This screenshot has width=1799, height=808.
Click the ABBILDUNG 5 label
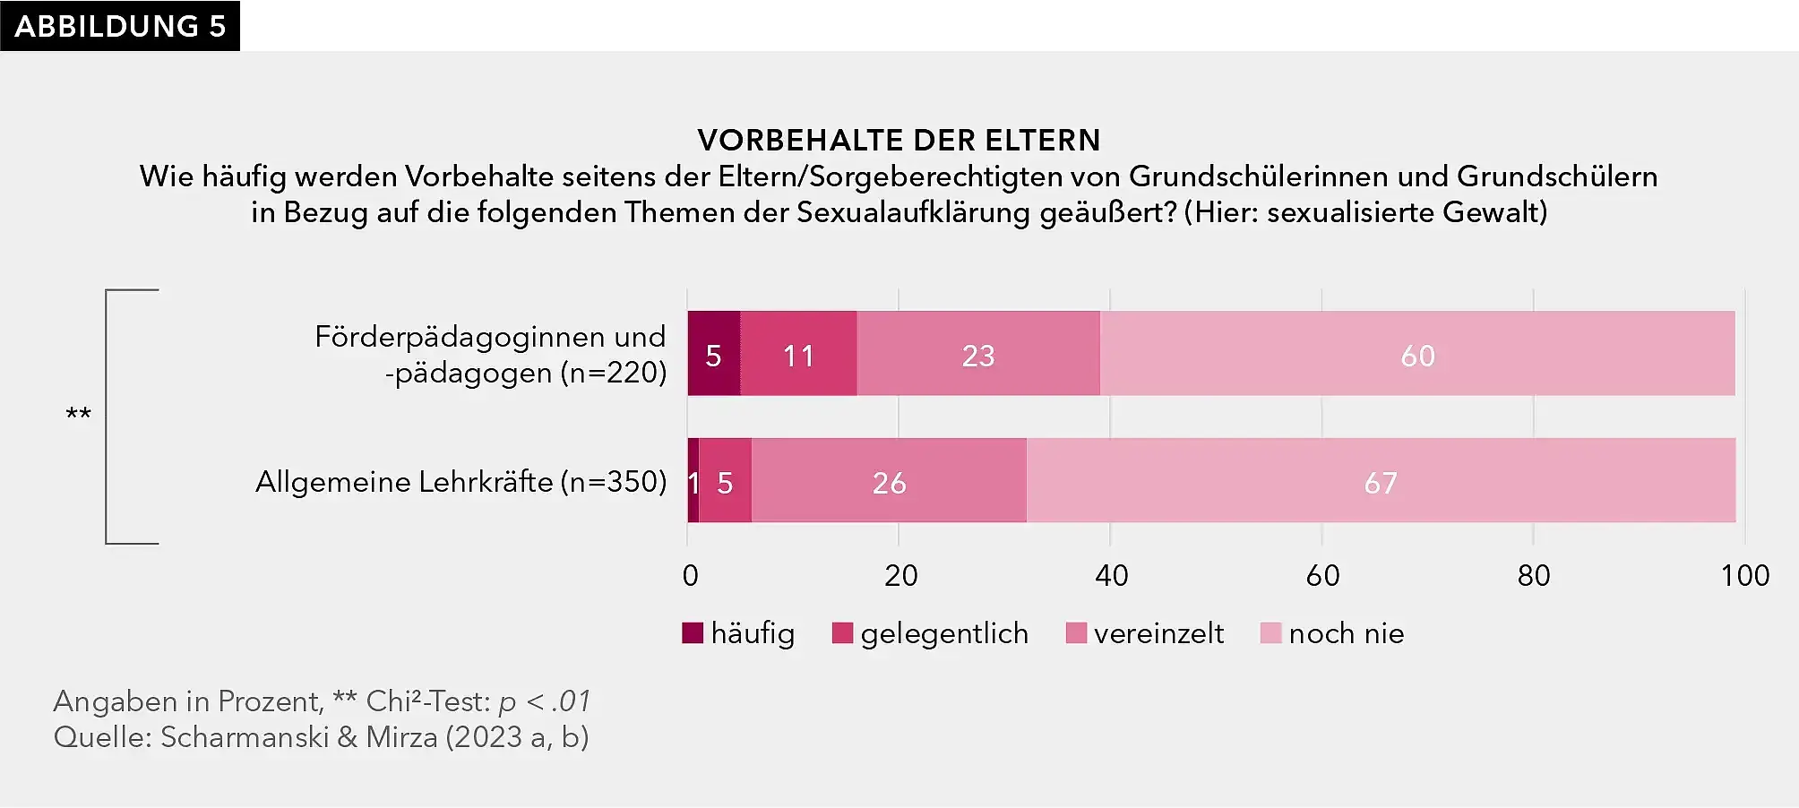click(120, 26)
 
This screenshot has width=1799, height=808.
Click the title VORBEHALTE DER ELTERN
click(899, 141)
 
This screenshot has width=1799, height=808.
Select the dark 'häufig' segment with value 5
click(714, 354)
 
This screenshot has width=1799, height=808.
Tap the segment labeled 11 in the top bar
click(798, 354)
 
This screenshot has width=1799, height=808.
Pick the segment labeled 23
click(978, 354)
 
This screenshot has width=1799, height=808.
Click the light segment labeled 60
click(1417, 354)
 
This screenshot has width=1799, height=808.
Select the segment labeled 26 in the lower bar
click(889, 481)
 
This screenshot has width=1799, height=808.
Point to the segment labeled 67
click(1381, 481)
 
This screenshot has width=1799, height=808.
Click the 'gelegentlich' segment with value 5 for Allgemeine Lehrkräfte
click(725, 481)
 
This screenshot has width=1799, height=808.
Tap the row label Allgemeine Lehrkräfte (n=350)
click(461, 482)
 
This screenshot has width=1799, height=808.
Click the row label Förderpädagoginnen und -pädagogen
click(491, 355)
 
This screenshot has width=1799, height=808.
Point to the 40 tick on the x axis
click(1111, 575)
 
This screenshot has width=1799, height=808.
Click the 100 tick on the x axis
click(1743, 575)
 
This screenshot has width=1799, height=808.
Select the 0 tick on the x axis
click(690, 575)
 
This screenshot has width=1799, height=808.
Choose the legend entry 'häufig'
click(739, 633)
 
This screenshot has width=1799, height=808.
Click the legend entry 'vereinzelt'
click(1145, 633)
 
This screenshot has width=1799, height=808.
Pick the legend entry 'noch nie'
click(1332, 633)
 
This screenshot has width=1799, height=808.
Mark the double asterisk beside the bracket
click(79, 415)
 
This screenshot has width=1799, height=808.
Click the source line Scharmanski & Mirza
click(321, 737)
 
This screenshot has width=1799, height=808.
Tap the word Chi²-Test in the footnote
click(428, 701)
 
